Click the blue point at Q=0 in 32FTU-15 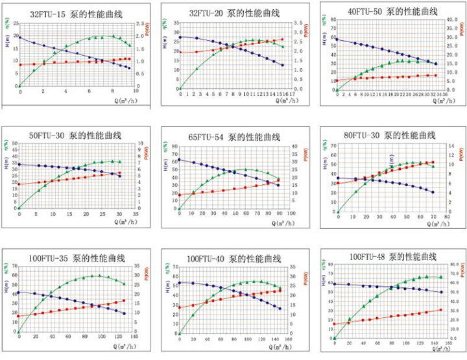(19, 38)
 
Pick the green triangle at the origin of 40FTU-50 (337, 90)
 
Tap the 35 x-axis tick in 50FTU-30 (136, 214)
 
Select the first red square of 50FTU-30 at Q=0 (19, 184)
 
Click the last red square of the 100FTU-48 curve (441, 310)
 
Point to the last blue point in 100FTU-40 (280, 308)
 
